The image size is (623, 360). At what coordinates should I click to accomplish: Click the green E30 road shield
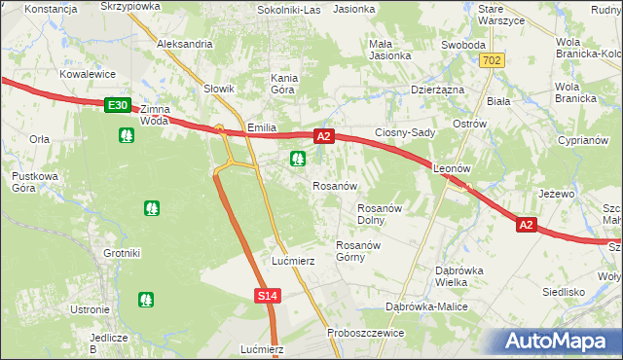point(117,104)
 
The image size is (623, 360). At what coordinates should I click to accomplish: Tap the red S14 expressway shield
point(270,295)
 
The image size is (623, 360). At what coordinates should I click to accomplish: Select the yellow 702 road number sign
point(494,60)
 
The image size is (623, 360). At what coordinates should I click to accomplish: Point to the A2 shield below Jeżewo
point(526,225)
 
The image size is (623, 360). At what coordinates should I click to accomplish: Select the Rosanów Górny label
point(356,251)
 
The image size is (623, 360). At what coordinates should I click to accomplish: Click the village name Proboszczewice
point(367,330)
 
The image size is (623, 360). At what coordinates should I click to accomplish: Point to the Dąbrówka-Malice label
point(427,306)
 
